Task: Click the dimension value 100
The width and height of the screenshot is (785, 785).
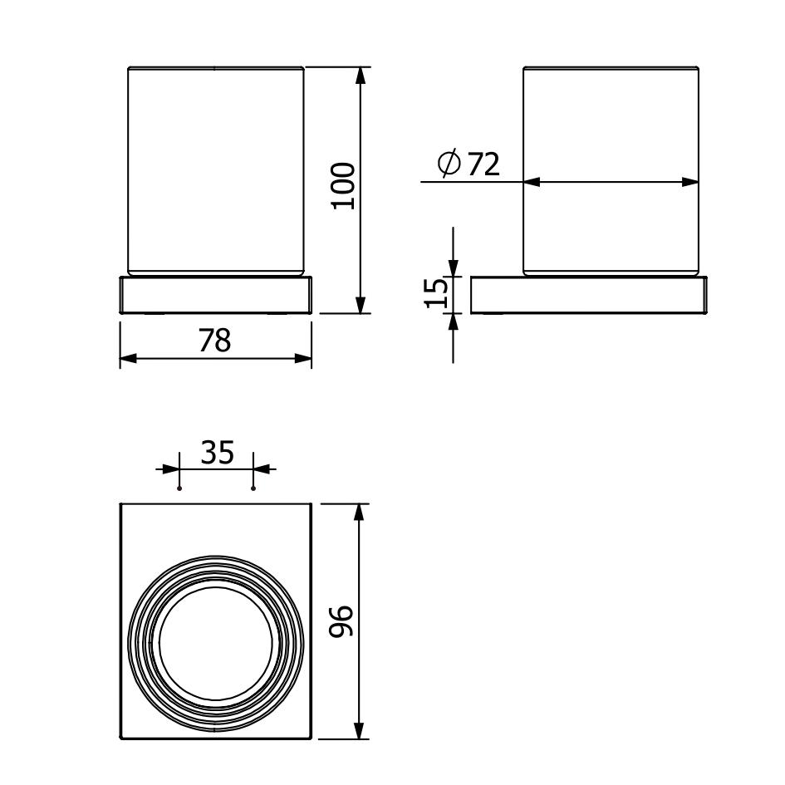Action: click(x=343, y=186)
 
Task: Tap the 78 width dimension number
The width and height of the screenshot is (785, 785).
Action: click(x=215, y=341)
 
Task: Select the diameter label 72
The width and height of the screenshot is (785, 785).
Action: click(x=483, y=164)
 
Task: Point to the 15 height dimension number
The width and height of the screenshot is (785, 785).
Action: click(x=435, y=292)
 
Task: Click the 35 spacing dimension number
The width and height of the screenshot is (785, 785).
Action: click(x=218, y=453)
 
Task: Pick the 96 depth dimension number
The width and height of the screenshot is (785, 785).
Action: click(x=341, y=621)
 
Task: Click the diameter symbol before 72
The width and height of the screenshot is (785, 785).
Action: click(x=449, y=163)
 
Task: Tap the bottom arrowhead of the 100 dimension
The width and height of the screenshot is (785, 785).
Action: click(x=360, y=304)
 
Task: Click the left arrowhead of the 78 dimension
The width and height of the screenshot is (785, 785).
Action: click(x=129, y=359)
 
